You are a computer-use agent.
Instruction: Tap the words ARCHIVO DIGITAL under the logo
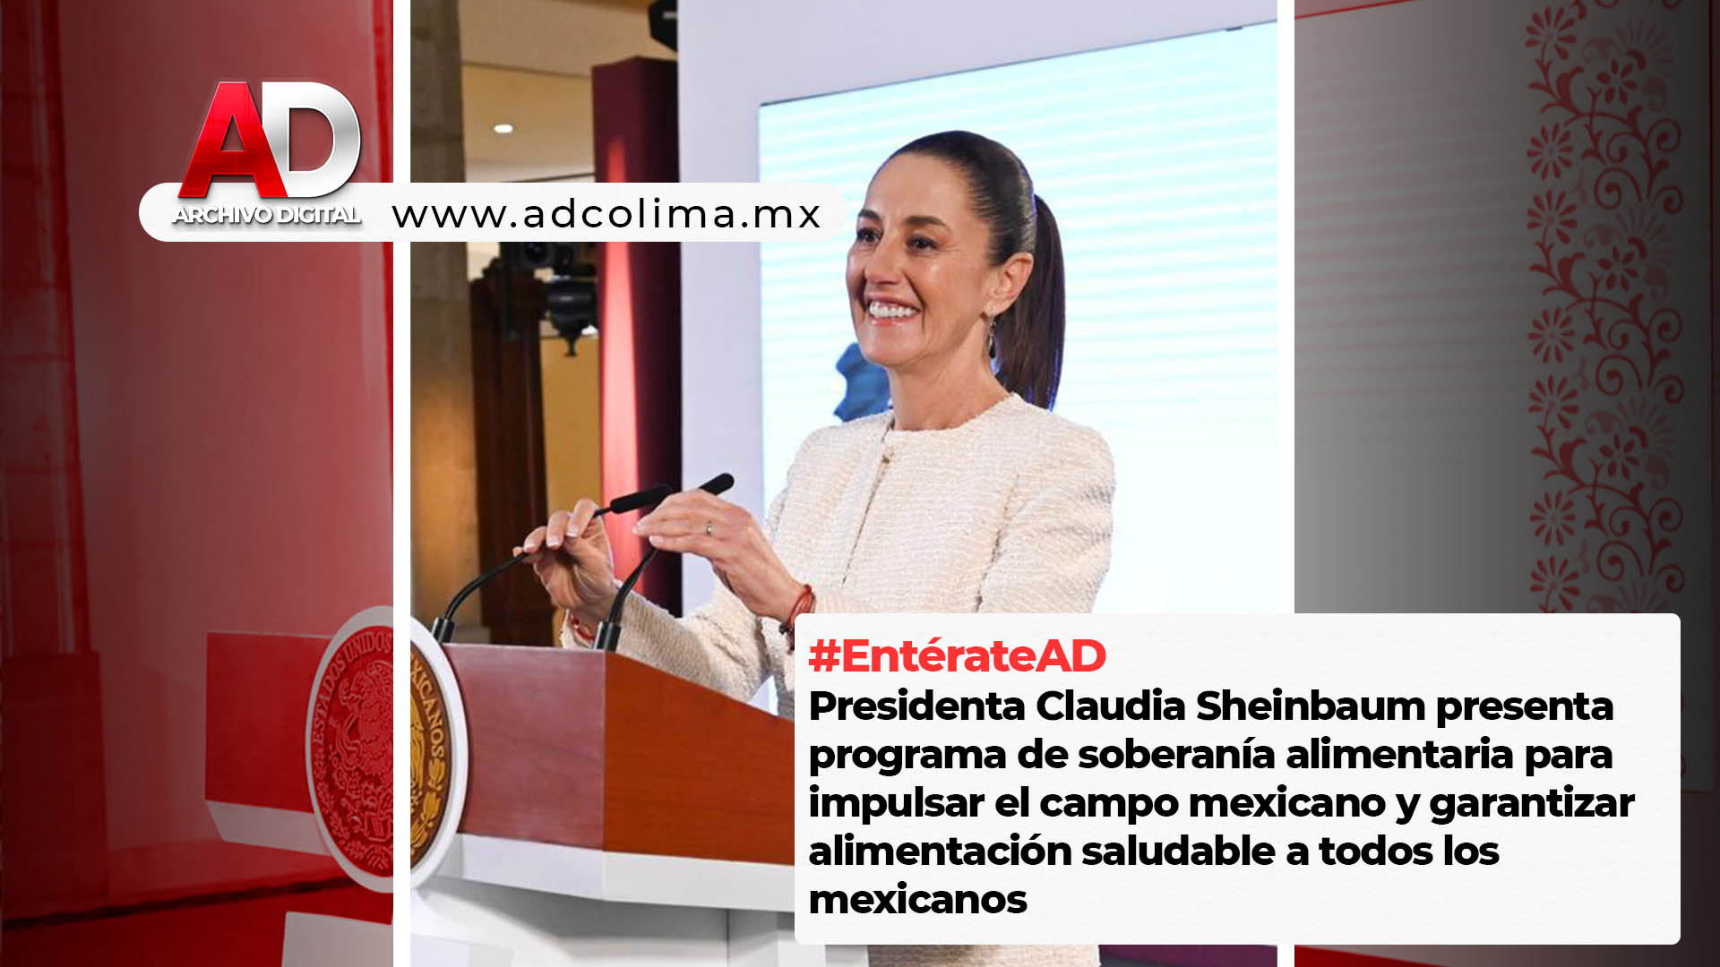click(267, 215)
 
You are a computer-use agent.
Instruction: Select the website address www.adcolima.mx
click(606, 214)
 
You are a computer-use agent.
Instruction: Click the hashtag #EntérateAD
click(957, 655)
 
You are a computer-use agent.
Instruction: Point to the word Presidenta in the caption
click(916, 706)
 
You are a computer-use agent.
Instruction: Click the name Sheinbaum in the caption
click(1311, 706)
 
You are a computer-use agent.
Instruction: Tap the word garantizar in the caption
click(1532, 803)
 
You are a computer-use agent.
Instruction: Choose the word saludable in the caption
click(1178, 851)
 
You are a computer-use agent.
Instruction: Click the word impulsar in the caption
click(896, 803)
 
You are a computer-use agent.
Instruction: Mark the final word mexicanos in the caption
click(917, 899)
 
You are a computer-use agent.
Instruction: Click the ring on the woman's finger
click(709, 529)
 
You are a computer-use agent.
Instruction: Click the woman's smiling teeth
click(891, 311)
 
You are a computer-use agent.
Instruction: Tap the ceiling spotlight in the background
click(503, 129)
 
